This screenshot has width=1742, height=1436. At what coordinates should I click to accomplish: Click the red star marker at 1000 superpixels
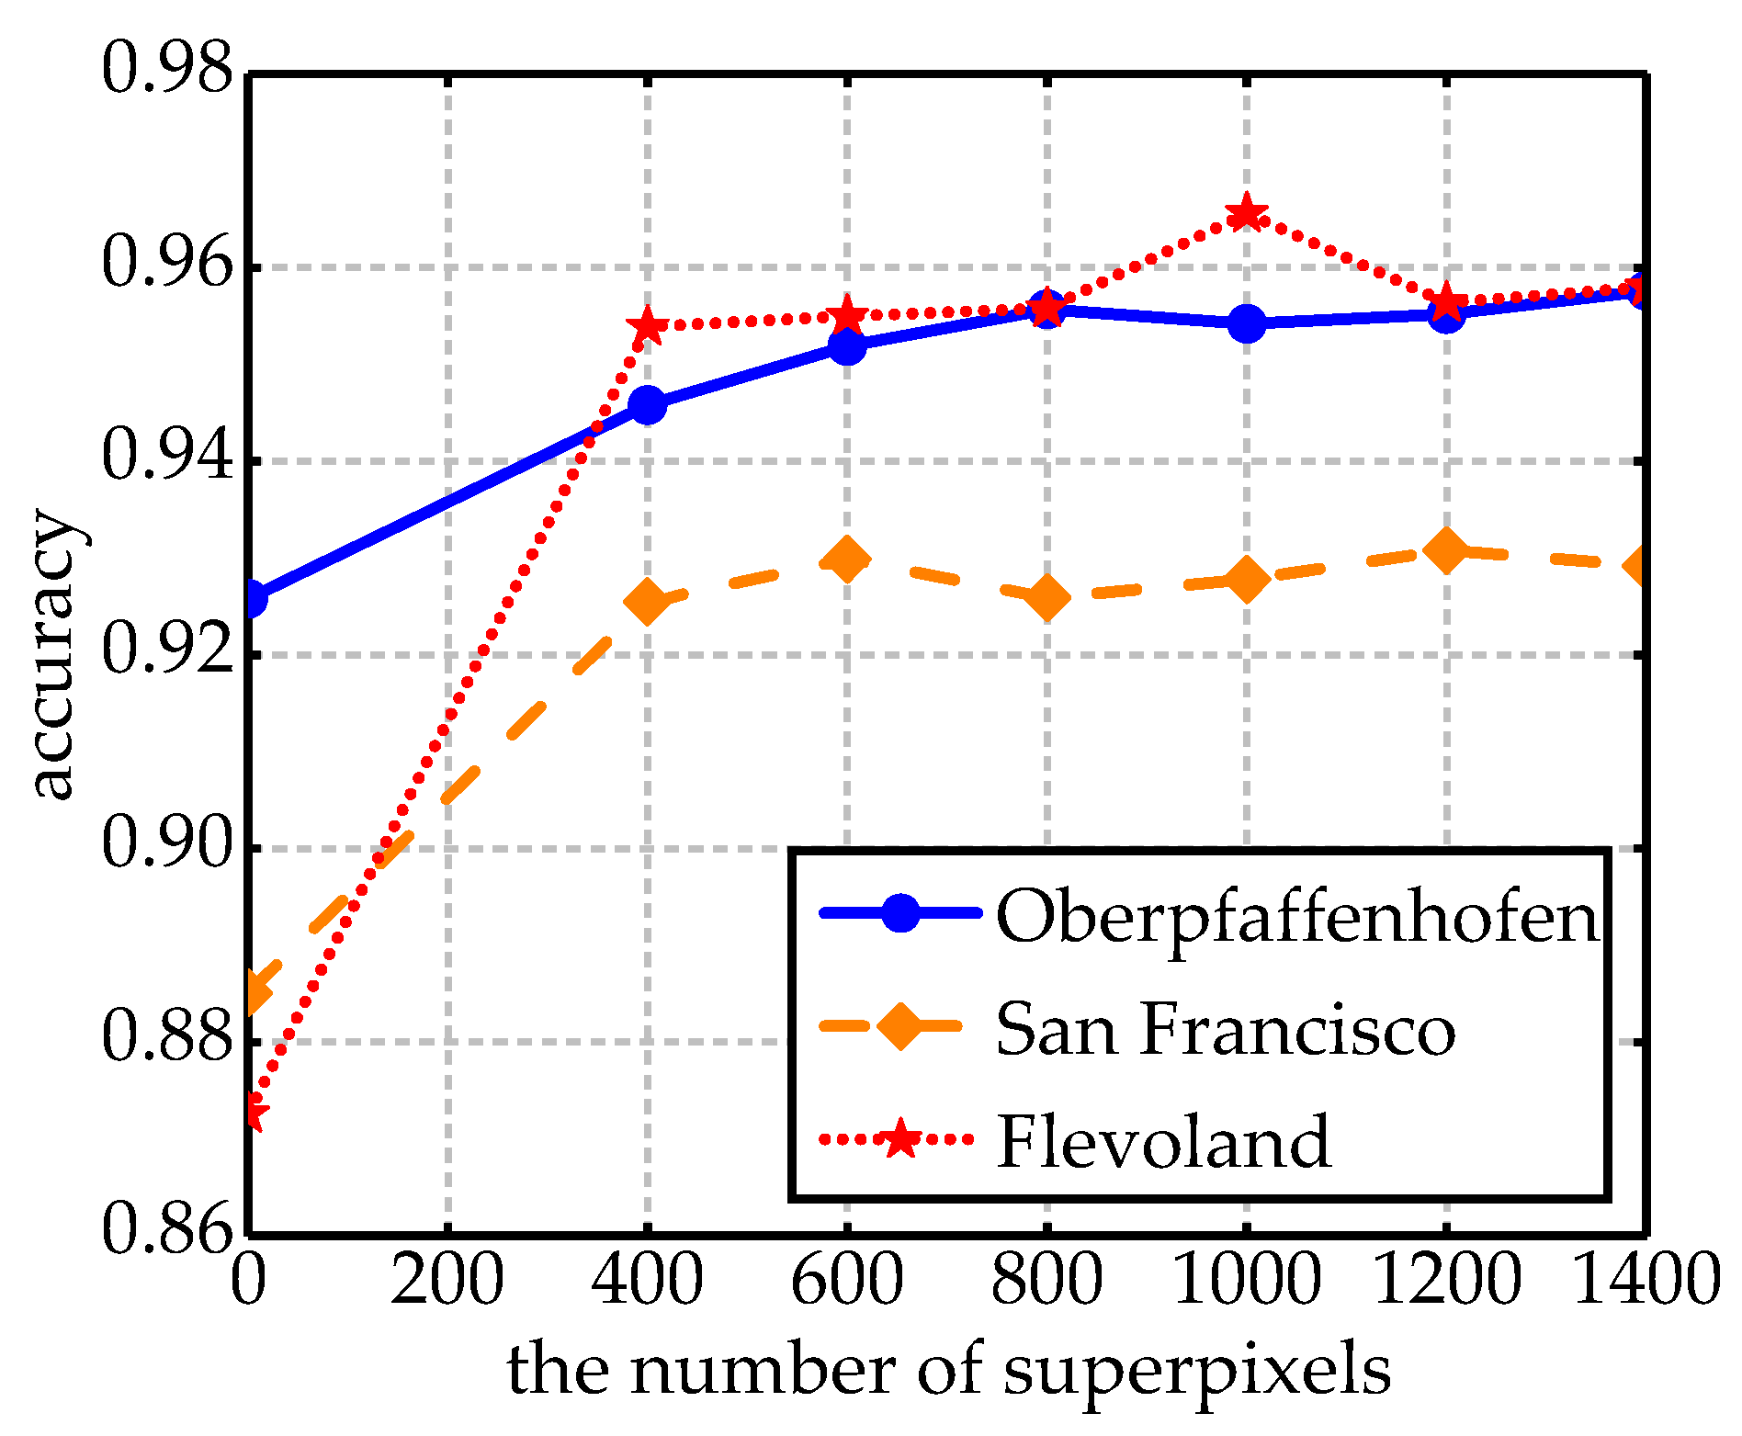pos(1246,214)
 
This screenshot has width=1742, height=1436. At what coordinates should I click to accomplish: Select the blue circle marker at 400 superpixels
pos(648,404)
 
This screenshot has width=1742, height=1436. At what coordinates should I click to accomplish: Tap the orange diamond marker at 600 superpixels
pos(846,560)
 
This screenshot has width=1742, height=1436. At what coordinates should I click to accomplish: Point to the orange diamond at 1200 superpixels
pos(1445,550)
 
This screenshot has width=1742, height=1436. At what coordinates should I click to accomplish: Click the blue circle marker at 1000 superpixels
pos(1246,323)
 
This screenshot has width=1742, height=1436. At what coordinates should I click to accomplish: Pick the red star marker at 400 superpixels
pos(647,325)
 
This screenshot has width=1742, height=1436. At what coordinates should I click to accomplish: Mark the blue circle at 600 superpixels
pos(846,345)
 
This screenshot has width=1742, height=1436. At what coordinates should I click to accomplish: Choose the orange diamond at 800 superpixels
pos(1046,598)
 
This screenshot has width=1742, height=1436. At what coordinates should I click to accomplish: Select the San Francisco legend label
pos(1226,1030)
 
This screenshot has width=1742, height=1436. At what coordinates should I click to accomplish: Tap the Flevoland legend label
pos(1163,1142)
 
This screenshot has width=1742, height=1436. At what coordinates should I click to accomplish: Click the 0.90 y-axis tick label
pos(165,845)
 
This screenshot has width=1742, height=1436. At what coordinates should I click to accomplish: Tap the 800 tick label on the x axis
pos(1046,1283)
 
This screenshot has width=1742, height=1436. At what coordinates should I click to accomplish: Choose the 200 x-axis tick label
pos(447,1283)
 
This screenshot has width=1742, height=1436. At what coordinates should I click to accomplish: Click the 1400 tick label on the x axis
pos(1645,1283)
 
